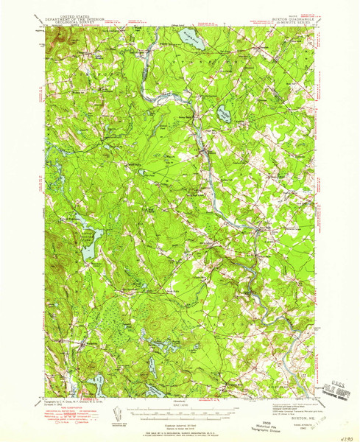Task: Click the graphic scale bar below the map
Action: pyautogui.click(x=180, y=408)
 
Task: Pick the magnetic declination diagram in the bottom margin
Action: pyautogui.click(x=118, y=409)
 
